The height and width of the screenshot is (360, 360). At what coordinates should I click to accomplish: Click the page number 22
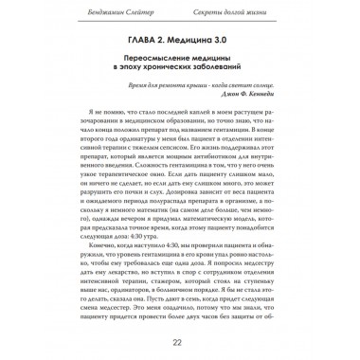point(180,342)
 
